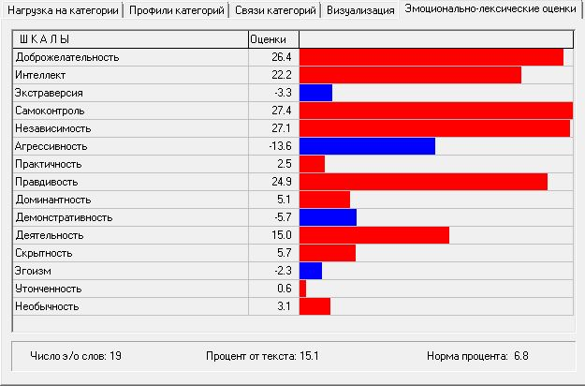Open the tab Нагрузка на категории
[62, 11]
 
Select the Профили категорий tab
[177, 11]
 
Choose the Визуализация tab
[360, 11]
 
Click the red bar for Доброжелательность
[431, 57]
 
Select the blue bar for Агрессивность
[367, 146]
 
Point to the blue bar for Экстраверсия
[315, 93]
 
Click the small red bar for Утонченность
[302, 289]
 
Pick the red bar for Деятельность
[373, 235]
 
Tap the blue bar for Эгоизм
[310, 271]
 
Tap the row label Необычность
[47, 306]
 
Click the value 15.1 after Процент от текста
[310, 356]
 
